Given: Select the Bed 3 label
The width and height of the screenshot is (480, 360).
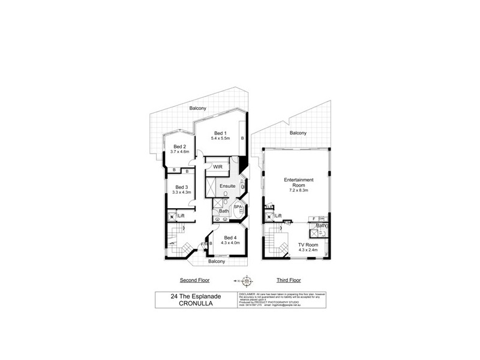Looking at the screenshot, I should pyautogui.click(x=181, y=187).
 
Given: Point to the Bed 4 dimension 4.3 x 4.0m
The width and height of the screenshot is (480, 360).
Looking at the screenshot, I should pyautogui.click(x=230, y=242).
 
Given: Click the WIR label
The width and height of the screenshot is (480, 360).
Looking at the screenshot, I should pyautogui.click(x=218, y=167).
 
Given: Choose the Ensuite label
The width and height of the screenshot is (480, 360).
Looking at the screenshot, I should pyautogui.click(x=228, y=186).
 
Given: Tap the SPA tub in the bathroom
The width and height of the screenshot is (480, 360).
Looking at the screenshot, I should pyautogui.click(x=237, y=207).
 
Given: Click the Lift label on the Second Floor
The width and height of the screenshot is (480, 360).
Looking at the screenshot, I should pyautogui.click(x=181, y=215).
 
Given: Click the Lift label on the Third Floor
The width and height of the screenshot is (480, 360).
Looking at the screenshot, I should pyautogui.click(x=278, y=215).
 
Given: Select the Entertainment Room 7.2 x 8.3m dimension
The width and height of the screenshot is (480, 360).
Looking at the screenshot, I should pyautogui.click(x=298, y=190).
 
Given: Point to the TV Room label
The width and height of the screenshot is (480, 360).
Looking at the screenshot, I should pyautogui.click(x=307, y=245).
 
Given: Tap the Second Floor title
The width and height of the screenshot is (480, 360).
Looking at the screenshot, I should pyautogui.click(x=195, y=280).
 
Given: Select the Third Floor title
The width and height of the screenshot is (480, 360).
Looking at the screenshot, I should pyautogui.click(x=288, y=280).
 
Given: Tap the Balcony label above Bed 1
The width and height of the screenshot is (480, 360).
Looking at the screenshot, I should pyautogui.click(x=198, y=108).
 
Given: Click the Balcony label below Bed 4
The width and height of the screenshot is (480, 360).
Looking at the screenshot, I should pyautogui.click(x=217, y=262).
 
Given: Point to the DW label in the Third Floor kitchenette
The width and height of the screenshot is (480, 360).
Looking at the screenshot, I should pyautogui.click(x=322, y=218).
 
